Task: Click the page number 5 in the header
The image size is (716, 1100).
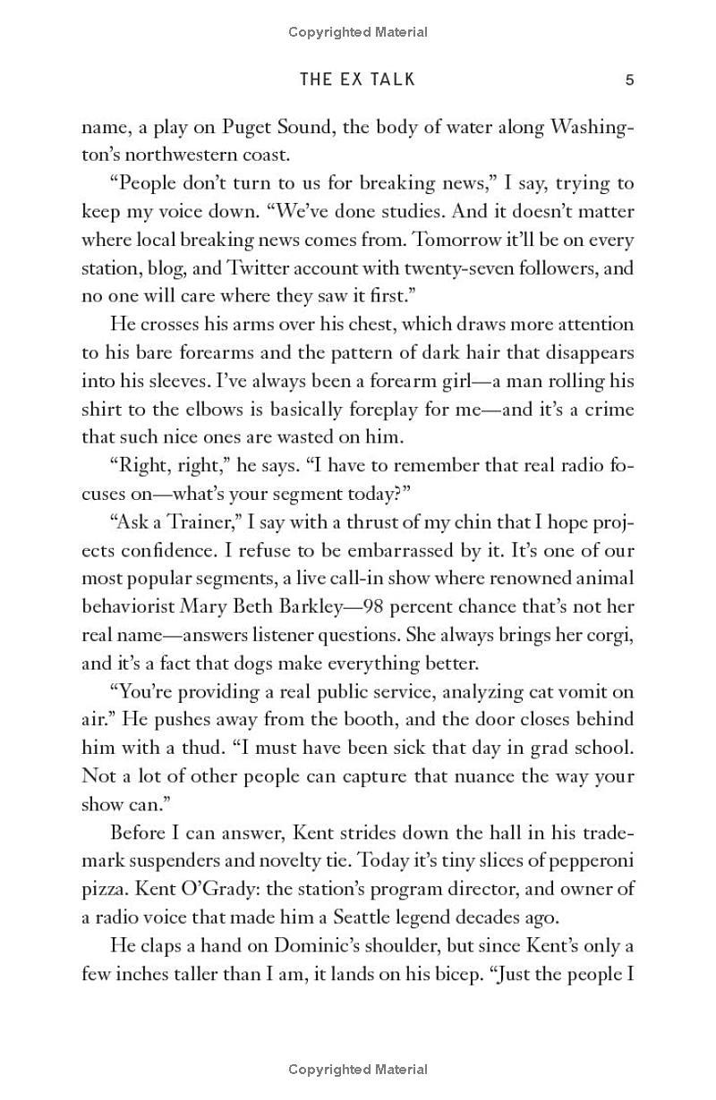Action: [x=629, y=80]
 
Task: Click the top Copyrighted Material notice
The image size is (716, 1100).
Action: [x=358, y=32]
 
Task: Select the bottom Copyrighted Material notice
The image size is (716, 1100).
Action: [x=358, y=1069]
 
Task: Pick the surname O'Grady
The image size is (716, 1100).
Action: [x=187, y=889]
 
